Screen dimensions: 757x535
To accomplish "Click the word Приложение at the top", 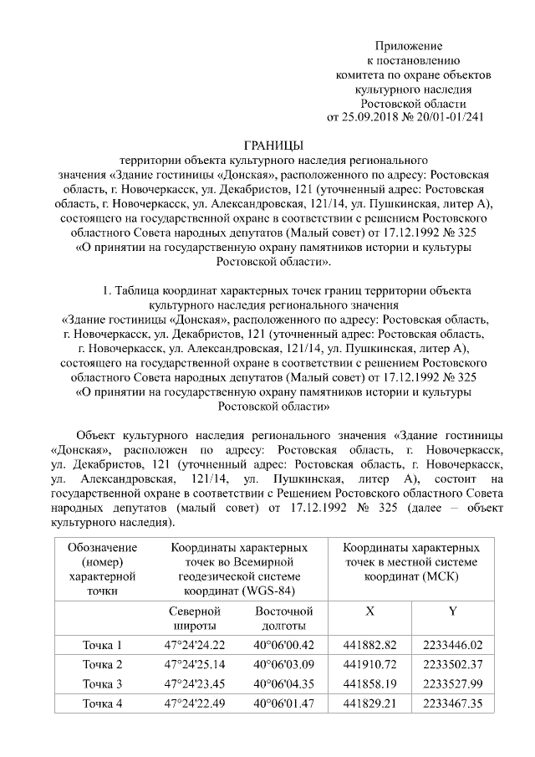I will click(x=408, y=45).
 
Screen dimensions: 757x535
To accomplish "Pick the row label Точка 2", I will click(x=103, y=665).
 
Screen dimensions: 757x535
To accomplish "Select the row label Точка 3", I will click(x=103, y=684).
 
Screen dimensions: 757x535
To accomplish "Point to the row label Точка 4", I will click(x=103, y=703).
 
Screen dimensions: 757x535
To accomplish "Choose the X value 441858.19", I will click(x=369, y=684).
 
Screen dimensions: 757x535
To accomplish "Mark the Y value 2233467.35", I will click(x=453, y=703).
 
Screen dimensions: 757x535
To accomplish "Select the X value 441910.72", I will click(x=369, y=665).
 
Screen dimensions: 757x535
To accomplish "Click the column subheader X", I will click(x=369, y=611).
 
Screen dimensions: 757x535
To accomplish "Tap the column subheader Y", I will click(x=452, y=611).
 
